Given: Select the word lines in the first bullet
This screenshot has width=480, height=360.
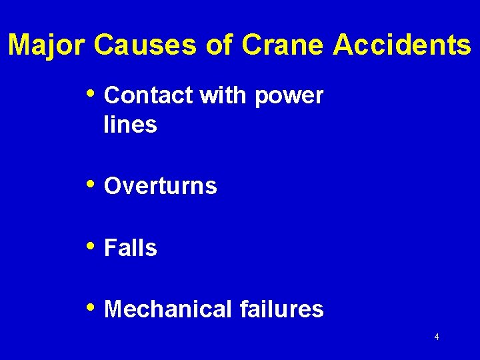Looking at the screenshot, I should pyautogui.click(x=130, y=125).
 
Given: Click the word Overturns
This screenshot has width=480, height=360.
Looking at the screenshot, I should pyautogui.click(x=161, y=187).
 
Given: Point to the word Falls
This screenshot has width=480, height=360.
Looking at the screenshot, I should pyautogui.click(x=131, y=248).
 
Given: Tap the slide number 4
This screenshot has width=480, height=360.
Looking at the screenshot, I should pyautogui.click(x=437, y=337).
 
